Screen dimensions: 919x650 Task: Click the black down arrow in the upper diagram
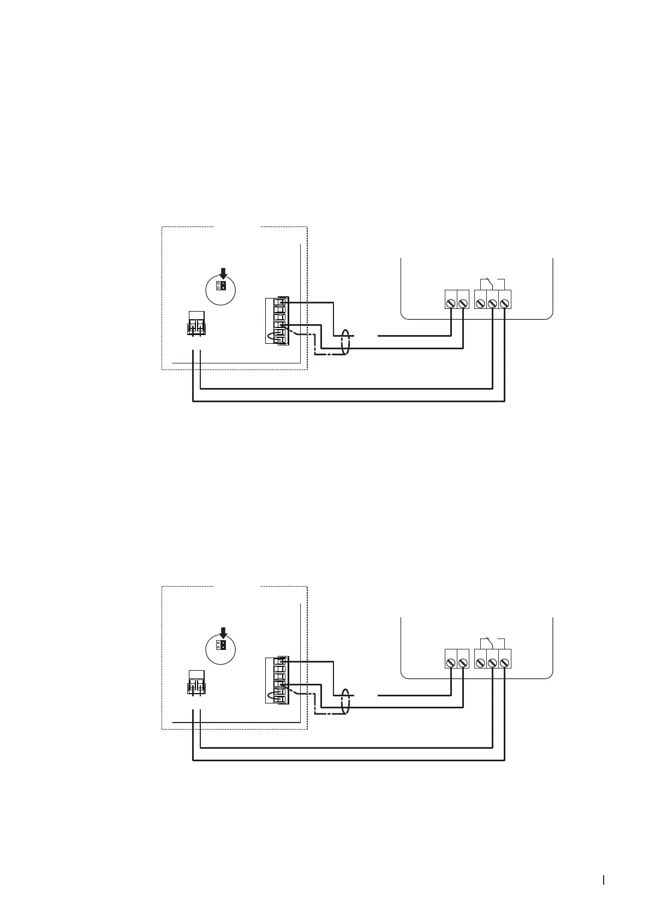223,273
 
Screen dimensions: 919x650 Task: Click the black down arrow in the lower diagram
223,632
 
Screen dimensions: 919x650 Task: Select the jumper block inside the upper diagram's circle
220,286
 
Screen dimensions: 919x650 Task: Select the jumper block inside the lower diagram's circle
220,646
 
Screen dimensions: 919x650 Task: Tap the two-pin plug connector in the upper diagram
196,324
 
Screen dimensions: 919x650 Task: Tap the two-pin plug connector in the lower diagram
196,683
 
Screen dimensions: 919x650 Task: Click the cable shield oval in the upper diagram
344,342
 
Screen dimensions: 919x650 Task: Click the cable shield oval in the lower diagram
344,702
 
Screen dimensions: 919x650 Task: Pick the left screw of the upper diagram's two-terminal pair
451,303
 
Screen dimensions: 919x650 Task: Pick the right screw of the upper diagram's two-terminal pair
463,303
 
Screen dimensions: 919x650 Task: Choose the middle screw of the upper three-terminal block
492,303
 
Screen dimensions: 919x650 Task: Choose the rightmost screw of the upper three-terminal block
504,303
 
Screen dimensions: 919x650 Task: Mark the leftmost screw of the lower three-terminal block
480,663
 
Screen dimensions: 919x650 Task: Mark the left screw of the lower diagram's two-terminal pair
451,663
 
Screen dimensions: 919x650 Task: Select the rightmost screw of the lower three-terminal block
504,663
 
